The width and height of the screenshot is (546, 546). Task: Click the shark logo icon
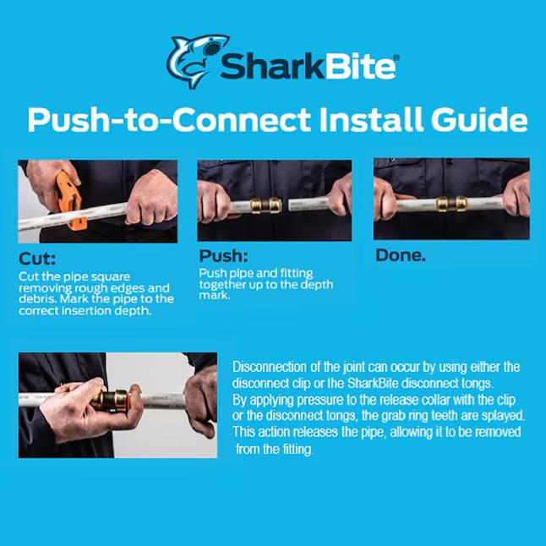[x=197, y=61]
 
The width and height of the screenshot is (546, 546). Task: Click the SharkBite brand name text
[x=308, y=67]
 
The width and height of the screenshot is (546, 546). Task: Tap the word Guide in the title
[x=479, y=119]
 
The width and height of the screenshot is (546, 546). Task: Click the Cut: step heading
[x=37, y=259]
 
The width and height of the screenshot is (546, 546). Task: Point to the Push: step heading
[x=223, y=256]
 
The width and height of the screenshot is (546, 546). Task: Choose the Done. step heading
[x=401, y=255]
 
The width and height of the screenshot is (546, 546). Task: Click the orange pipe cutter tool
[x=71, y=201]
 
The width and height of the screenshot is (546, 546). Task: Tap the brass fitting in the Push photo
[x=265, y=205]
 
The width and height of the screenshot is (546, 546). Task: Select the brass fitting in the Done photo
[x=451, y=204]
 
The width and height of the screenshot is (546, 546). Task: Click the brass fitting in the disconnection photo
[x=111, y=401]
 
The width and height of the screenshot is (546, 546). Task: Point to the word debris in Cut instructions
[x=35, y=299]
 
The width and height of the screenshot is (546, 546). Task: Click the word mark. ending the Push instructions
[x=215, y=295]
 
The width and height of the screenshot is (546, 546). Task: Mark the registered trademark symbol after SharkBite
[x=396, y=57]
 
